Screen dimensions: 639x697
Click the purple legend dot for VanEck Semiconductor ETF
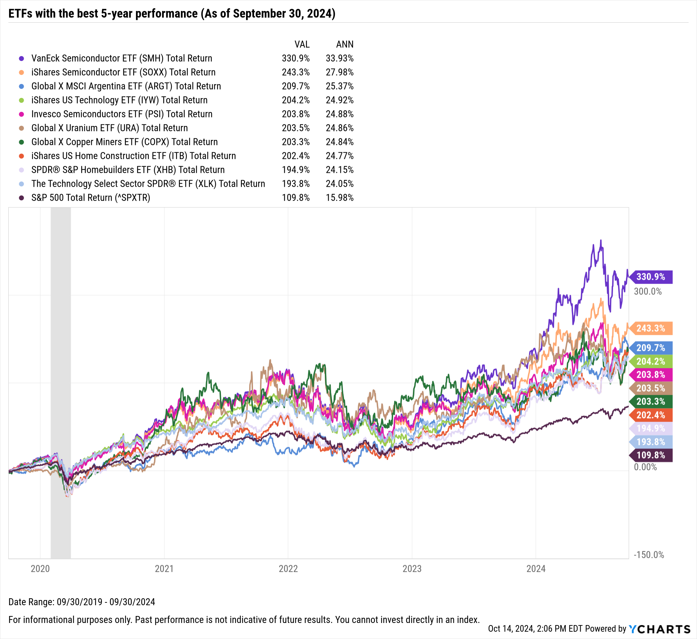[x=22, y=59]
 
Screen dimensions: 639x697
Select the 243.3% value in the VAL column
[x=296, y=72]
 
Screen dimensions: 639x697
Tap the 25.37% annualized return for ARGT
[x=339, y=86]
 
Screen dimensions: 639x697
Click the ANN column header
[x=344, y=45]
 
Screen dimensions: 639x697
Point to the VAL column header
[x=302, y=45]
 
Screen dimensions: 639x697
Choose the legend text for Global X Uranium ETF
[x=109, y=128]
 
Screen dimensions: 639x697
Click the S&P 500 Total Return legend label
[x=91, y=198]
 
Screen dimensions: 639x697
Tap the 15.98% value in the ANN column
[x=339, y=198]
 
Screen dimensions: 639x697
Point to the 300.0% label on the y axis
[x=648, y=292]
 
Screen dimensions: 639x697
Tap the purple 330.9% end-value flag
[x=651, y=277]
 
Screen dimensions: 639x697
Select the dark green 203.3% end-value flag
[x=651, y=402]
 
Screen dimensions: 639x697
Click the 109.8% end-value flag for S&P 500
[x=651, y=455]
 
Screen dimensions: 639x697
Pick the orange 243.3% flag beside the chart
[x=651, y=329]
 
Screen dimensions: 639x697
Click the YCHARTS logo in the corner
[x=659, y=629]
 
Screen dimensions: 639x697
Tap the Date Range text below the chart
[x=82, y=602]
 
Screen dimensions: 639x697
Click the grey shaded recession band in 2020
[x=61, y=348]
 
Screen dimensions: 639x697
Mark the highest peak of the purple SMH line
[x=600, y=240]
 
